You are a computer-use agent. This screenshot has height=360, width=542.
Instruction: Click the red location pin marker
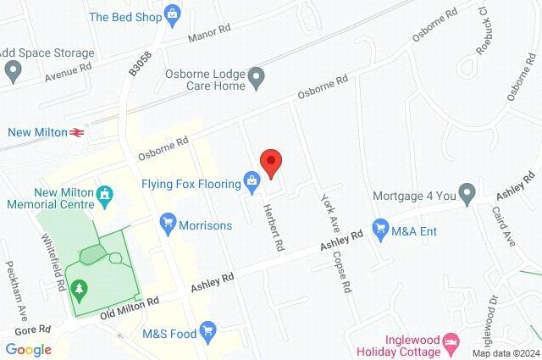point(270,162)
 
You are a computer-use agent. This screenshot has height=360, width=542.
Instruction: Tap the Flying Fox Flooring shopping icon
point(252,180)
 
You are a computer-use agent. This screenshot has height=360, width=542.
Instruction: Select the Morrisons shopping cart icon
point(167,224)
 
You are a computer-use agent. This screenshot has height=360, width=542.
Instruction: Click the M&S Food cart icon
point(207,332)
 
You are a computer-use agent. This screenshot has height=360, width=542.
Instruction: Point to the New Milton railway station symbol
point(76,131)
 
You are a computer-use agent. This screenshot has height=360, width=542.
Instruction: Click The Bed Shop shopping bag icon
point(173,14)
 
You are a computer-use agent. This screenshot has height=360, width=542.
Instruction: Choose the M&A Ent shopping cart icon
point(380,228)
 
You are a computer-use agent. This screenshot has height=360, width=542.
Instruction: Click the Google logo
point(28,349)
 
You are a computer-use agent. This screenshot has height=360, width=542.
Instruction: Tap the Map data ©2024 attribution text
point(506,353)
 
